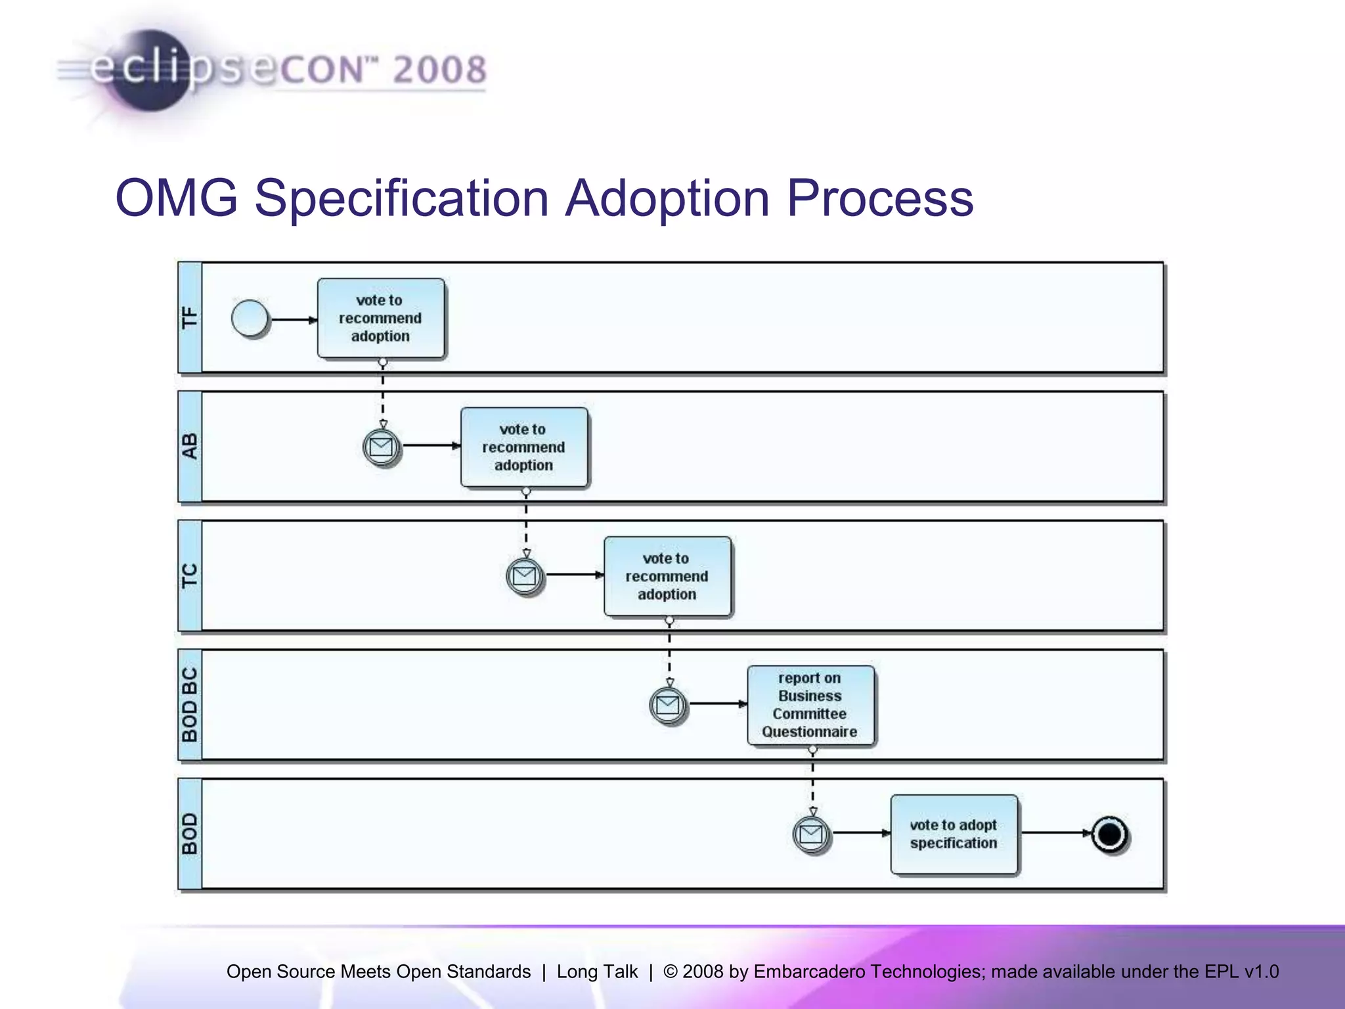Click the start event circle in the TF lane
250,319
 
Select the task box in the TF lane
381,319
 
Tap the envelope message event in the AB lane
381,447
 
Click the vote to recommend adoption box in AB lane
524,447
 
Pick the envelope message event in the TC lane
524,576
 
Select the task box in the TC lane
667,576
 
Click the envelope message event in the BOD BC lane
668,706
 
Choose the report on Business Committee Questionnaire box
810,706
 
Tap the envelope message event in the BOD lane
811,834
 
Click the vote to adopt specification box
954,834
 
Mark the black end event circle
1109,834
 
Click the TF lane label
190,318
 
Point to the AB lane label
190,447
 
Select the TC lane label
190,576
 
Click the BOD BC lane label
190,705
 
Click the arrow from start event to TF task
293,320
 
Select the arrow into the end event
1055,833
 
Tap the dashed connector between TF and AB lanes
383,394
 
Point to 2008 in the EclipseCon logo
440,70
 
